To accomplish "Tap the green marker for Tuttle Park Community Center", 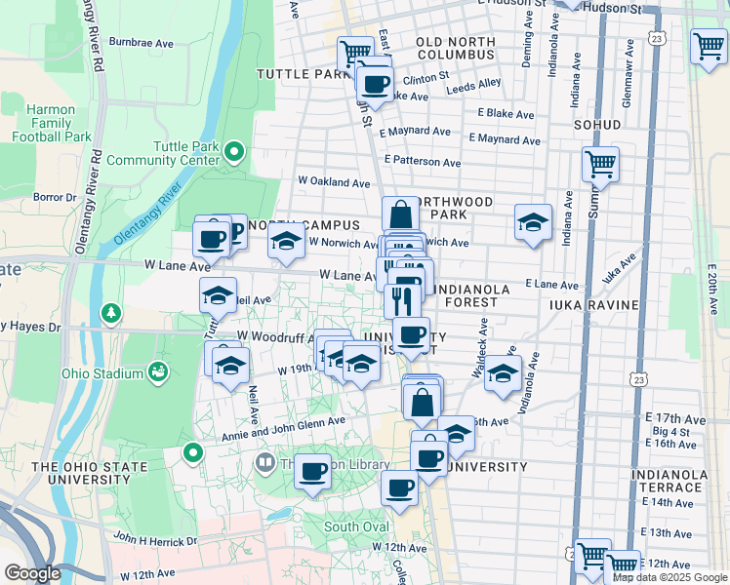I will coord(234,151).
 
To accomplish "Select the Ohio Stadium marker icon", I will coord(156,371).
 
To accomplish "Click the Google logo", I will coord(31,573).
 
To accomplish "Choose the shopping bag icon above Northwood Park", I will coord(400,213).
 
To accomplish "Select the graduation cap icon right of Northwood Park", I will coord(533,222).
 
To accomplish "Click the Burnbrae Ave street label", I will coord(141,43).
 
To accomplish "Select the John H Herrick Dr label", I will coord(154,538).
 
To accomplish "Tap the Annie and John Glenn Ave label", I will coord(284,421).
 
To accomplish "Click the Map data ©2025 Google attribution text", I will coord(669,577).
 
